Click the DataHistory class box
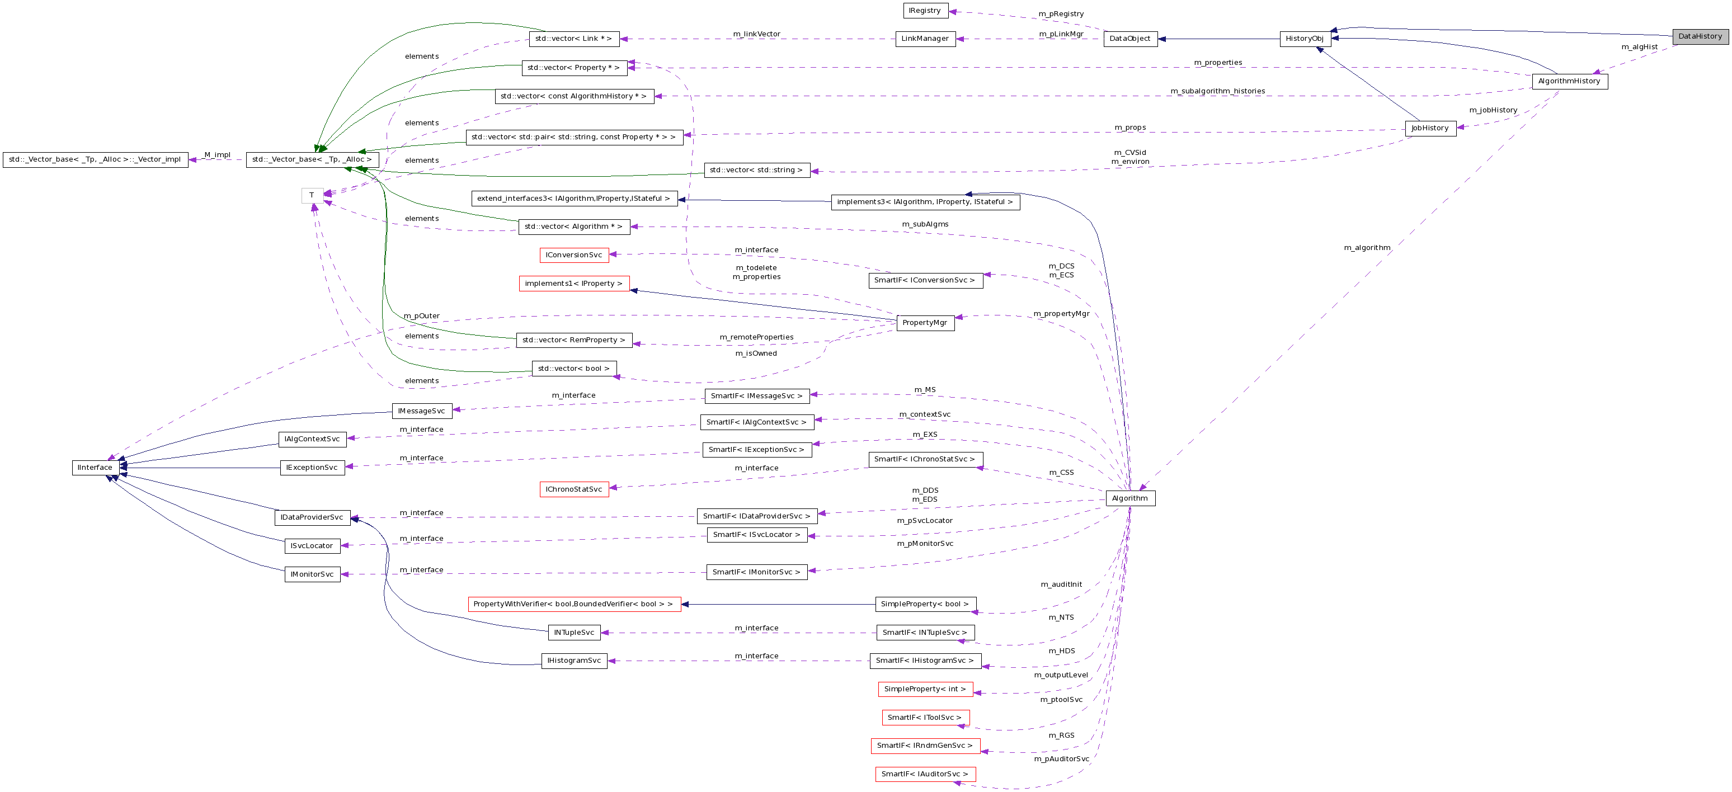(1700, 37)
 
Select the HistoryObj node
(1305, 39)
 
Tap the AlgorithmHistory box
(1569, 81)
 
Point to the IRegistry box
(925, 11)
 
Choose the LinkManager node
(925, 39)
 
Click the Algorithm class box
(1129, 498)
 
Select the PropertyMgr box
(925, 323)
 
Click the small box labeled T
(312, 196)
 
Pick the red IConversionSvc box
(573, 256)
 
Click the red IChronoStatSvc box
(573, 489)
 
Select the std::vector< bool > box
(573, 369)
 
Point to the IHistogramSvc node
(573, 661)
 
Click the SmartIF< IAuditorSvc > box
(925, 775)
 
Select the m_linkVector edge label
(756, 34)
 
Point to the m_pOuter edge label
(422, 316)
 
